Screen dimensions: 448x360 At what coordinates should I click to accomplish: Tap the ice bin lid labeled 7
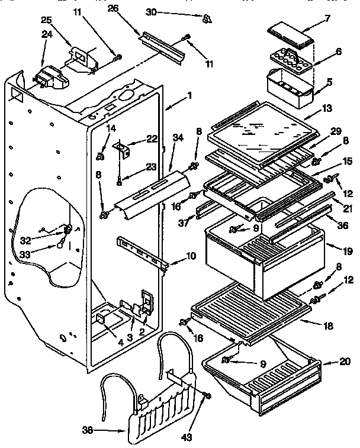click(x=290, y=37)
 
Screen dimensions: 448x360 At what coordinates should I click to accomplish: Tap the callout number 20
click(x=346, y=361)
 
